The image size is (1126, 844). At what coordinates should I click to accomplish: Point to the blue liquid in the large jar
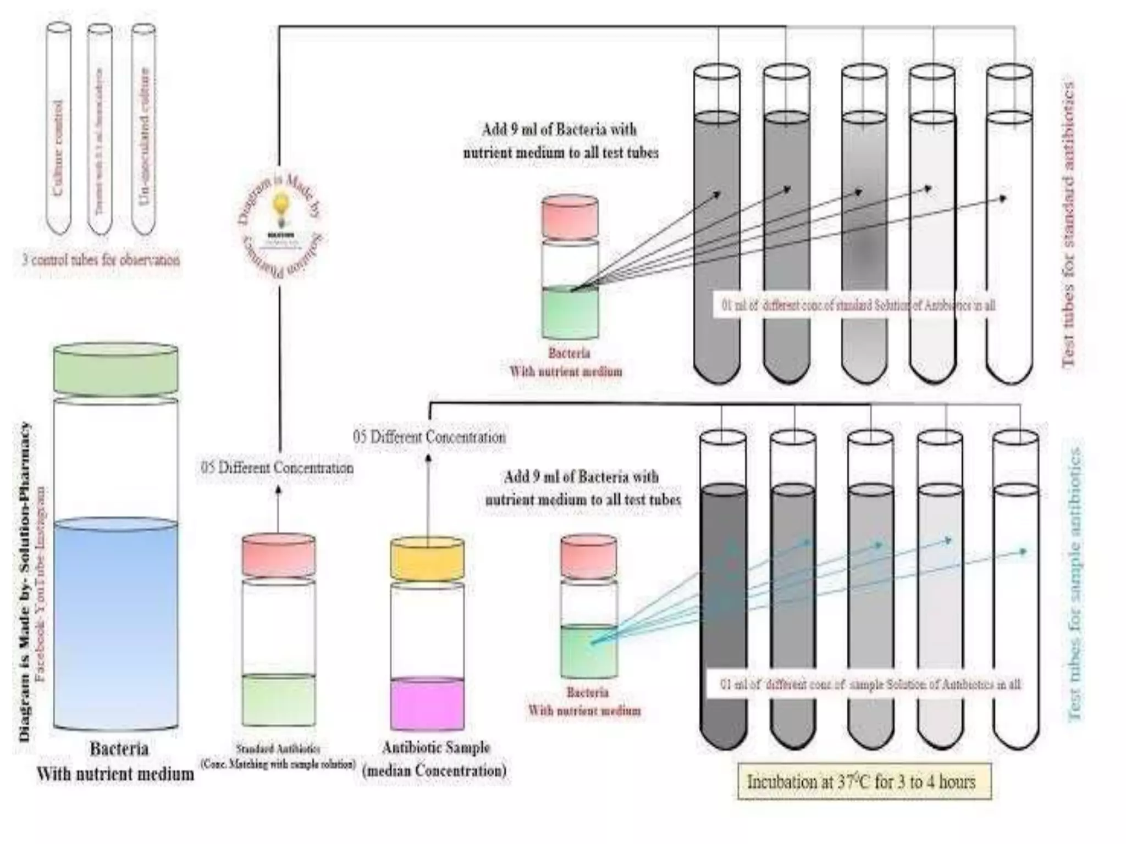pos(115,621)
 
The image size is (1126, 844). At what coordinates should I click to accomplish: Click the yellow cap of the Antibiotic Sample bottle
pos(427,559)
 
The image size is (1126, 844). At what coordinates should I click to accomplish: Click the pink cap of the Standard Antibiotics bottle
pos(279,555)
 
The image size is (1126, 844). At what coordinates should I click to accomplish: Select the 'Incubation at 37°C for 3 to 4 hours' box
pos(864,781)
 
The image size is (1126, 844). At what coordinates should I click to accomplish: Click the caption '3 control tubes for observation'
pos(101,259)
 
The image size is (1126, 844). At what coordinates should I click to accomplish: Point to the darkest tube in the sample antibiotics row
pos(724,615)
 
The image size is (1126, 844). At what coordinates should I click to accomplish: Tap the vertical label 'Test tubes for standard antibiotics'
pos(1068,225)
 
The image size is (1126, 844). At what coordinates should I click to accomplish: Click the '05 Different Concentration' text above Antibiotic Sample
pos(429,437)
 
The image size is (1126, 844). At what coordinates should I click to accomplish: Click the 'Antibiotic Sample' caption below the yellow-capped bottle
pos(435,748)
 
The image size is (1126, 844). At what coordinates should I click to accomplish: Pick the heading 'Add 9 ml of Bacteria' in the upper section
pos(559,130)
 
